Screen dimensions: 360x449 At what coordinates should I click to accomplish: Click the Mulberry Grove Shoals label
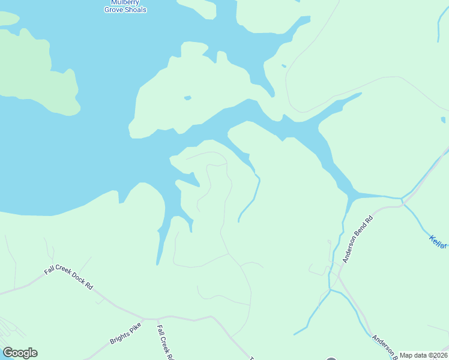[x=125, y=6]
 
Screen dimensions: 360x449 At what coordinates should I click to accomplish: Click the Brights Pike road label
[x=125, y=335]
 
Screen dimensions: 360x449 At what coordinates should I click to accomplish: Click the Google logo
[x=20, y=353]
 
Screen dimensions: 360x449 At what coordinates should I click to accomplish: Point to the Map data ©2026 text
[x=424, y=355]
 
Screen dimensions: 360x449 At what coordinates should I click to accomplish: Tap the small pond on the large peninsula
[x=187, y=98]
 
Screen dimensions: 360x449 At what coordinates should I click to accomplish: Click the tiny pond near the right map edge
[x=443, y=118]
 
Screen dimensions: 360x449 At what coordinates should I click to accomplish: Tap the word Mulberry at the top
[x=125, y=2]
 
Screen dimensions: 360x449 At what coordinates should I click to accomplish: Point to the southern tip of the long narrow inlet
[x=158, y=263]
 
